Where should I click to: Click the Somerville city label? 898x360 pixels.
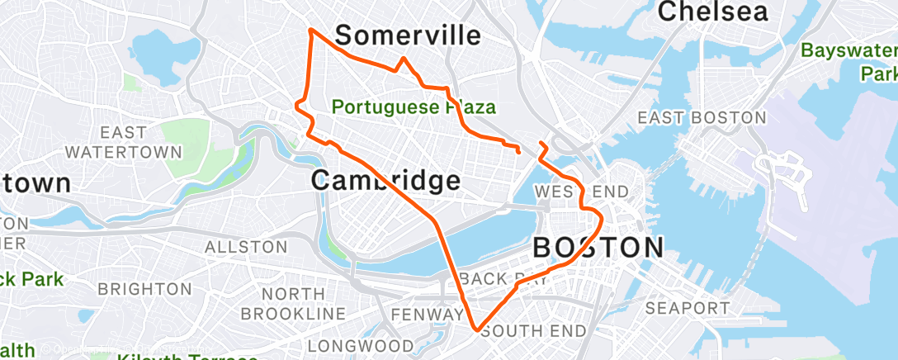[x=408, y=36]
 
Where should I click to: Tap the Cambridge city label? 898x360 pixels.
[x=385, y=180]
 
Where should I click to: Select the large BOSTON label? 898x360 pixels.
[x=598, y=247]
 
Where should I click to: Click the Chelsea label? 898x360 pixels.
[x=713, y=12]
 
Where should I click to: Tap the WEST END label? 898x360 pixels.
[x=581, y=192]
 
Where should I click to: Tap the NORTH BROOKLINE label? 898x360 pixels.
[x=293, y=303]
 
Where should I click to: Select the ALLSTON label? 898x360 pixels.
[x=246, y=247]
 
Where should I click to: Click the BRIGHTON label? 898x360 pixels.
[x=144, y=289]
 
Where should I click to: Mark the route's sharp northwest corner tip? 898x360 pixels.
[x=310, y=30]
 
